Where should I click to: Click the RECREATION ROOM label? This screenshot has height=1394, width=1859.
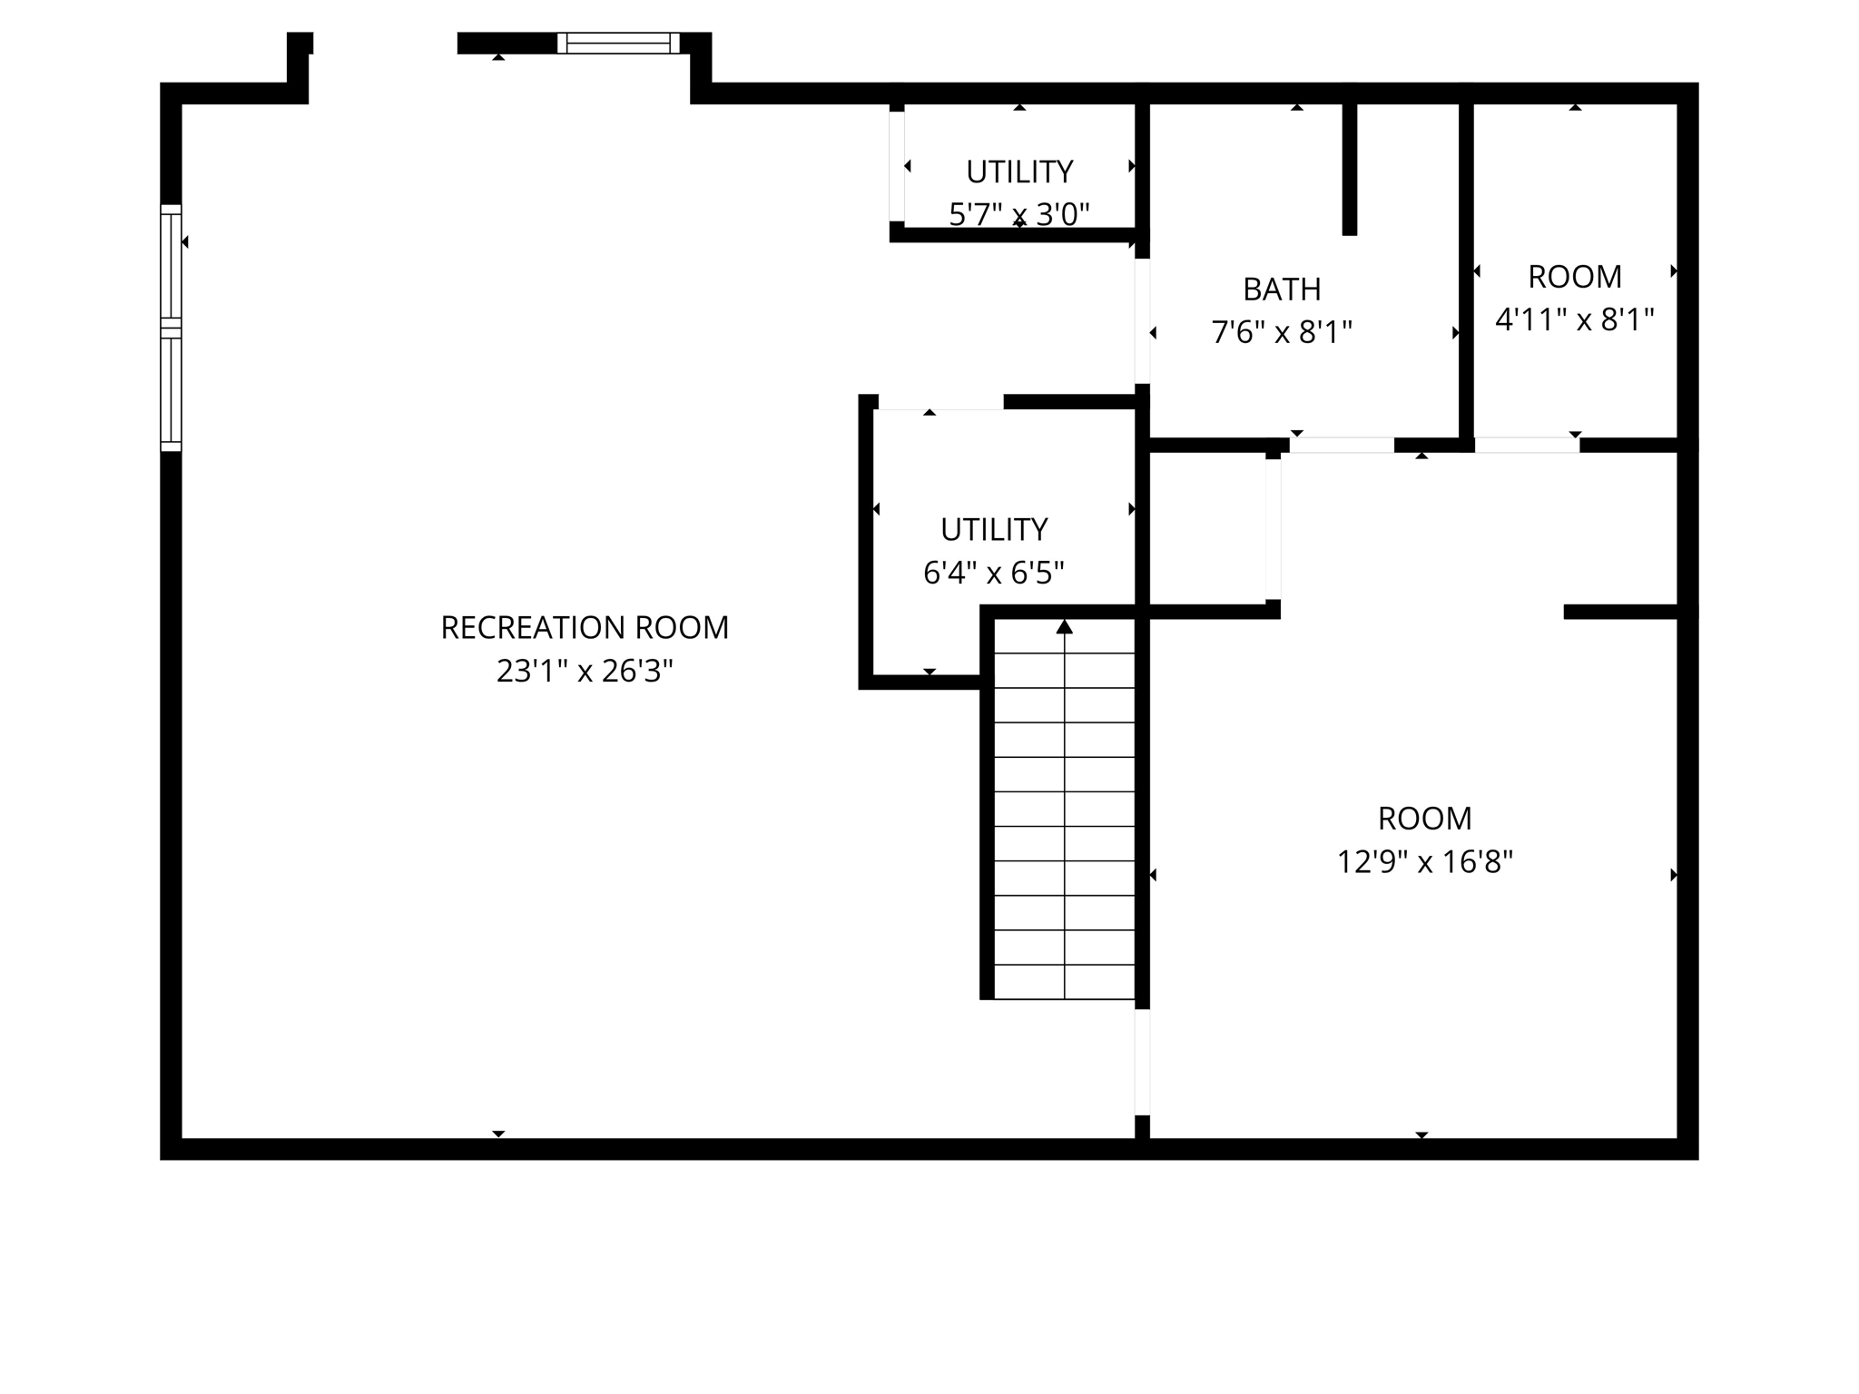coord(585,628)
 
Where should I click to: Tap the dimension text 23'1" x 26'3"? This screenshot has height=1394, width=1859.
coord(585,672)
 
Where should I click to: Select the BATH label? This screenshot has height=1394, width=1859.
coord(1282,290)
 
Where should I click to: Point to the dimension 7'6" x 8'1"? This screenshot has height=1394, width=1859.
coord(1282,333)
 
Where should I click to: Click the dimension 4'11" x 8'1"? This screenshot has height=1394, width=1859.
coord(1575,319)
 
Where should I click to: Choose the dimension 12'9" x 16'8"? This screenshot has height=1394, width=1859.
coord(1424,861)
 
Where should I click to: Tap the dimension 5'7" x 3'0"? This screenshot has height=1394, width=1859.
coord(1019,215)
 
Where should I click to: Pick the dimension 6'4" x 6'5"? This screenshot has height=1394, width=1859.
coord(994,573)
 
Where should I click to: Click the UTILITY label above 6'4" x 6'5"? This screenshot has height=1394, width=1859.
coord(994,529)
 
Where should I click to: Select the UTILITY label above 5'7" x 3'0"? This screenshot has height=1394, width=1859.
coord(1019,172)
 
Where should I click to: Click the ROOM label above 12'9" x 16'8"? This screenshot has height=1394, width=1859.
coord(1424,819)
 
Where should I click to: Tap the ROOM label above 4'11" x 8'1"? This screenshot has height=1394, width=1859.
coord(1575,277)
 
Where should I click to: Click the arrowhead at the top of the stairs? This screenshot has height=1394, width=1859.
coord(1065,627)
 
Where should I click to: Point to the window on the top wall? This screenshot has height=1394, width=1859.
coord(618,43)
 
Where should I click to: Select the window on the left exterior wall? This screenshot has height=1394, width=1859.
coord(171,328)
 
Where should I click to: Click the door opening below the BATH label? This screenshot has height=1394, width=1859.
coord(1342,445)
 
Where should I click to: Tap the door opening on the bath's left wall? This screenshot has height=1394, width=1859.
coord(1143,320)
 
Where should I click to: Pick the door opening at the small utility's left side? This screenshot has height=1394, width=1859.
coord(897,166)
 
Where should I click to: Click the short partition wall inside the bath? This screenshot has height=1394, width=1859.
coord(1350,168)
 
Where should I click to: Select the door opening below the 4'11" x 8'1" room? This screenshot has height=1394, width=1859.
coord(1527,445)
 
